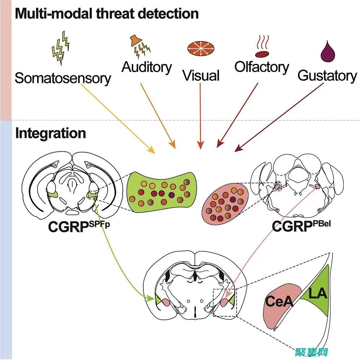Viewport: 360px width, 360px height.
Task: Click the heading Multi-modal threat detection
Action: (x=107, y=14)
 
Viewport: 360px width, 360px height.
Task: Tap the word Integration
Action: (x=51, y=133)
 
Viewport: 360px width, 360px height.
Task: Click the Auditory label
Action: (x=147, y=67)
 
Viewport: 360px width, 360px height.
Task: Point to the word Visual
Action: (x=201, y=76)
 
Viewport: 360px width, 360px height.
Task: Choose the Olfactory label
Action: (x=262, y=67)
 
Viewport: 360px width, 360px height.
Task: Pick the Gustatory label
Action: (x=327, y=76)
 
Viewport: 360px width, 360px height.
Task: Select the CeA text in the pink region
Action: (x=278, y=301)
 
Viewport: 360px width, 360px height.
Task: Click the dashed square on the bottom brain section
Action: (x=224, y=303)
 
